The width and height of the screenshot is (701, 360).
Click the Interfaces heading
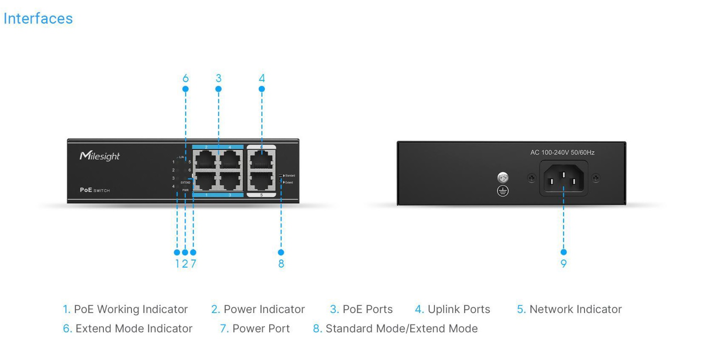38,19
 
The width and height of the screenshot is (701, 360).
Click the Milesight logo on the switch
100,156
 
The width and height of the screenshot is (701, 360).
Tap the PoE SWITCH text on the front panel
95,190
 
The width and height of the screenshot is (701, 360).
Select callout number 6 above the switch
185,78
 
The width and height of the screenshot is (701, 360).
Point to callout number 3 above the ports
218,78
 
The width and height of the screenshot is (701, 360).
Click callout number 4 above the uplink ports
261,78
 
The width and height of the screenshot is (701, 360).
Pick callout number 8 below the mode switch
281,264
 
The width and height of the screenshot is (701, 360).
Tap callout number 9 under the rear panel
563,264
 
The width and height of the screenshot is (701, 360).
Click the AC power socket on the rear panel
563,178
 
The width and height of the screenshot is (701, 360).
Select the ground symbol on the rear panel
503,191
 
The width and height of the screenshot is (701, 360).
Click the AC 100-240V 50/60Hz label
562,152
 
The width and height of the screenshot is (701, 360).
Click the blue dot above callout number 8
281,252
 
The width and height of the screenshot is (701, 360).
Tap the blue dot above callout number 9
563,252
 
